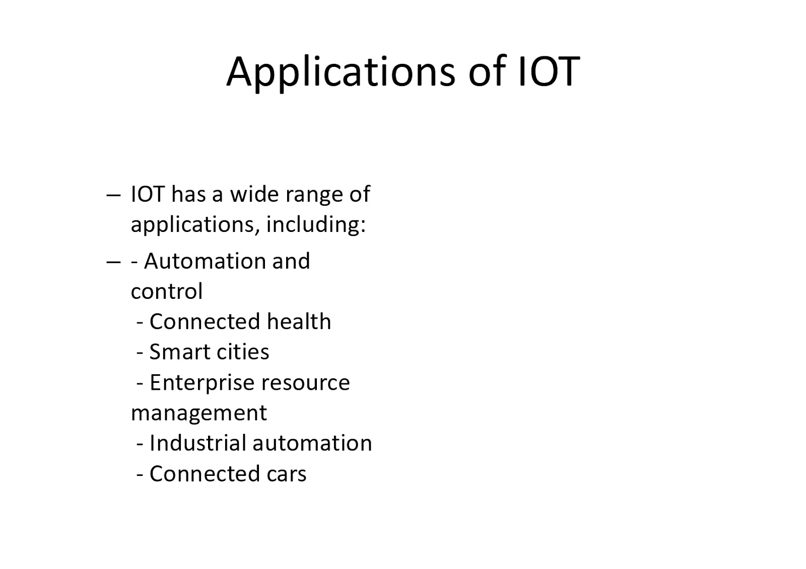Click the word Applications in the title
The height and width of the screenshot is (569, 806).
341,73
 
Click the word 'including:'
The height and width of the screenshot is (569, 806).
316,225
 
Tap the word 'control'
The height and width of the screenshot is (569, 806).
167,291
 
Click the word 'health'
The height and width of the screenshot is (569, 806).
299,321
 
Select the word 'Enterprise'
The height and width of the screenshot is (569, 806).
202,383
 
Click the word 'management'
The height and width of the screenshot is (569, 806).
198,413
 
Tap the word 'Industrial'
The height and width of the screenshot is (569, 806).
197,443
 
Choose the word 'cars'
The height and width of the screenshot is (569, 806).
287,474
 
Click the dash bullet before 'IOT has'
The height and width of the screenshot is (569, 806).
113,196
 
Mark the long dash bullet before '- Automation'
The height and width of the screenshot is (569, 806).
113,262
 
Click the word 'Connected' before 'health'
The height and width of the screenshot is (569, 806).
205,321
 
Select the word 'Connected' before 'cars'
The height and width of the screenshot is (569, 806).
205,473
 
